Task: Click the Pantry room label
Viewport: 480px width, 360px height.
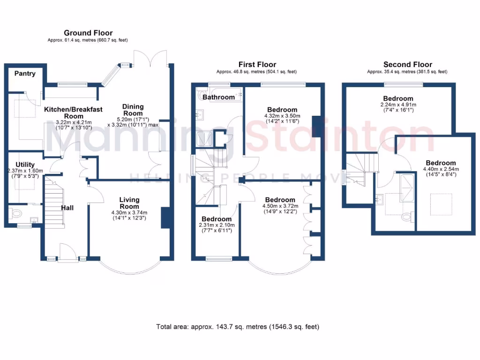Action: tap(25, 74)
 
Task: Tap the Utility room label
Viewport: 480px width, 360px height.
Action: tap(25, 164)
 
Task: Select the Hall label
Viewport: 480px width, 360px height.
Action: tap(68, 208)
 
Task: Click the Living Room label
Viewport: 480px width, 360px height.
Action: tap(129, 203)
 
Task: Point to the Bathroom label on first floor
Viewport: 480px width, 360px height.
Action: tap(218, 97)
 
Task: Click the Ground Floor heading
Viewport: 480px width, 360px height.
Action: tap(88, 33)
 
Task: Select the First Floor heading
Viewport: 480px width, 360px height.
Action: tap(257, 65)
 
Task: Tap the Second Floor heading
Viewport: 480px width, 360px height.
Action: tap(407, 65)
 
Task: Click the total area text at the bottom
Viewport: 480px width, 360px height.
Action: tap(238, 326)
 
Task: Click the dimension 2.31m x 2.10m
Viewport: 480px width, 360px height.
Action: tap(217, 225)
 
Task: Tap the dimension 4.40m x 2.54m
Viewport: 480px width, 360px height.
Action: tap(441, 169)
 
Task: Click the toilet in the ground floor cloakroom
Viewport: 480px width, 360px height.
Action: tap(15, 214)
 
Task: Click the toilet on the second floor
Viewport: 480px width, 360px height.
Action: tap(407, 217)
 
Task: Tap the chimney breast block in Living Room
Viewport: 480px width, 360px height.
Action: tap(165, 217)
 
